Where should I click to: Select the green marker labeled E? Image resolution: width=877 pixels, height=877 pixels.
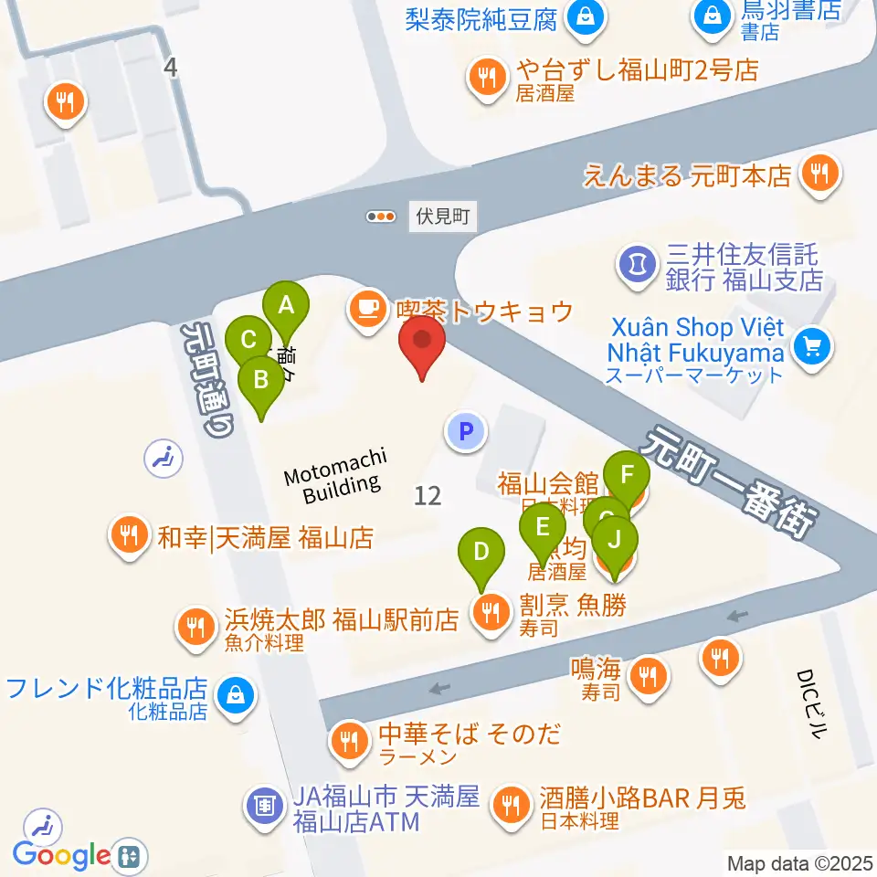(543, 527)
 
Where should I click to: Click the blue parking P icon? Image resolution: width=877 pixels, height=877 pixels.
(466, 430)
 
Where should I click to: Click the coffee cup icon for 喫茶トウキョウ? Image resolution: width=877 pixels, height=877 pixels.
(367, 309)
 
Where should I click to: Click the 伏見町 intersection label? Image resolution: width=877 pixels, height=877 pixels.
(442, 217)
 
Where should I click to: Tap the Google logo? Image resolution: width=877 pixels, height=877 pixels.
(61, 856)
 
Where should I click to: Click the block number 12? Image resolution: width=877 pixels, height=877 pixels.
(427, 496)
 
